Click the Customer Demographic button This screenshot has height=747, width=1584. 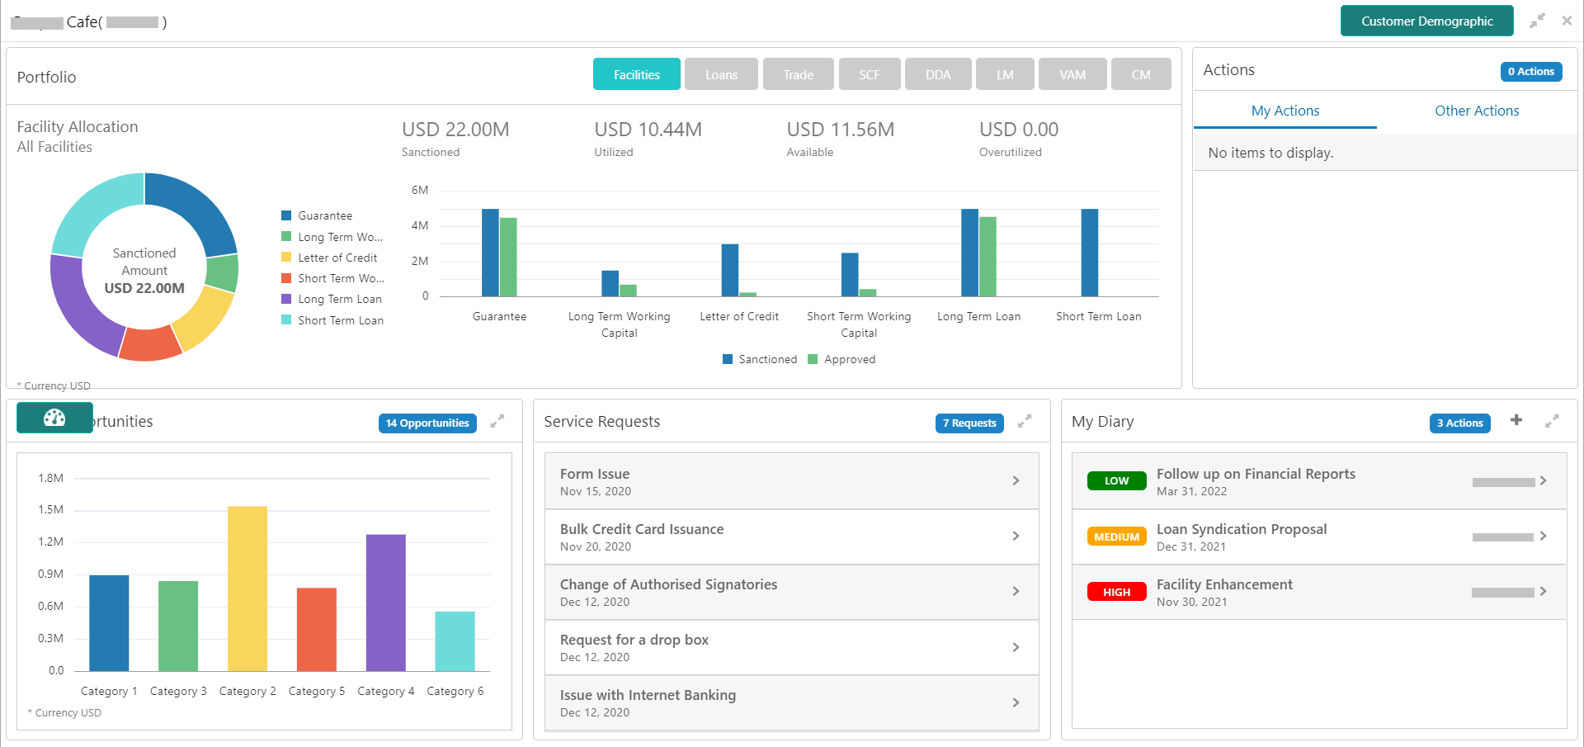1426,21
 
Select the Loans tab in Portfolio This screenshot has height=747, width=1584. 721,74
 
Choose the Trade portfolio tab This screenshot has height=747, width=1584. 798,74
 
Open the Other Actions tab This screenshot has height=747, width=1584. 1476,111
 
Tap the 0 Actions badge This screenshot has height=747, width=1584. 1530,72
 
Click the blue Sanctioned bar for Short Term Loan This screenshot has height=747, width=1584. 1089,253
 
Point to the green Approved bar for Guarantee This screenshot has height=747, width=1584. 508,257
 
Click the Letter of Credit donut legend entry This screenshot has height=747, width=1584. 337,258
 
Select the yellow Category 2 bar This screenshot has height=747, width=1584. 247,588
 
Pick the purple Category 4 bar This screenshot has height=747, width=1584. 386,602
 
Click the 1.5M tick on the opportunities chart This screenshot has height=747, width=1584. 50,510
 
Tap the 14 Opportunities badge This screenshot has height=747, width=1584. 427,423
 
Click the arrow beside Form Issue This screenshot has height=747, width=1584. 1016,480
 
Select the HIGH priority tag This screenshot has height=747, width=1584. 1116,592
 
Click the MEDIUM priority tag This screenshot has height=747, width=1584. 1116,537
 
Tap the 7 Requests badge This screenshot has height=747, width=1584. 969,423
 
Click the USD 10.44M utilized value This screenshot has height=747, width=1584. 648,130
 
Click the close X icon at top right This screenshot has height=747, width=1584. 1567,21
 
